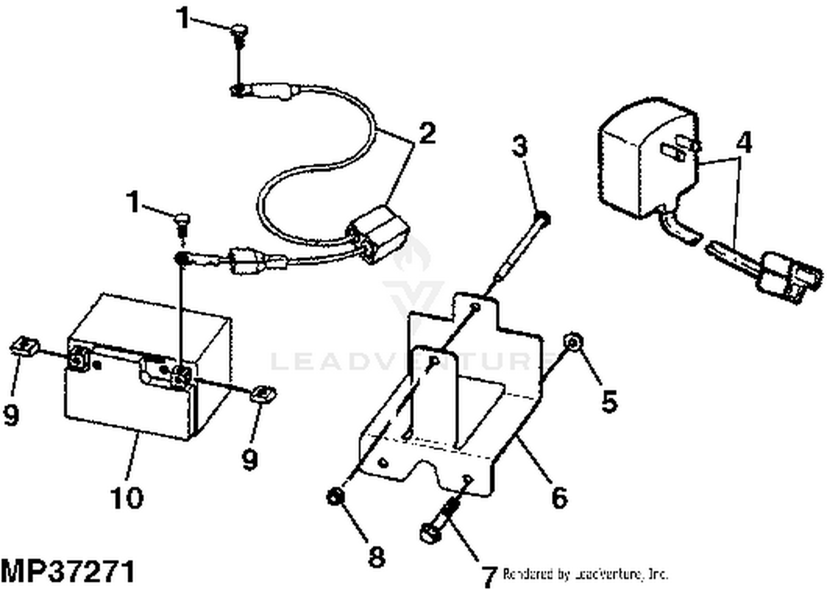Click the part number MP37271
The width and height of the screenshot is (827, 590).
coord(67,571)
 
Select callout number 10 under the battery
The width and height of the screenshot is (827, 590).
coord(127,497)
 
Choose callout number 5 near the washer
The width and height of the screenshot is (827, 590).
coord(608,401)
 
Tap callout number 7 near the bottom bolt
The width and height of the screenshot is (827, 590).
coord(488,576)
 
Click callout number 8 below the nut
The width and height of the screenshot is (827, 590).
coord(376,556)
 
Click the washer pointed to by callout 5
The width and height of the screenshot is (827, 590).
coord(573,343)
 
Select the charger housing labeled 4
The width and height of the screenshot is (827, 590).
coord(645,160)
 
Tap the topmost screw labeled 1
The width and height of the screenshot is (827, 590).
coord(239,32)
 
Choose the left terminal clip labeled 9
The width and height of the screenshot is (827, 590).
coord(24,347)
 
